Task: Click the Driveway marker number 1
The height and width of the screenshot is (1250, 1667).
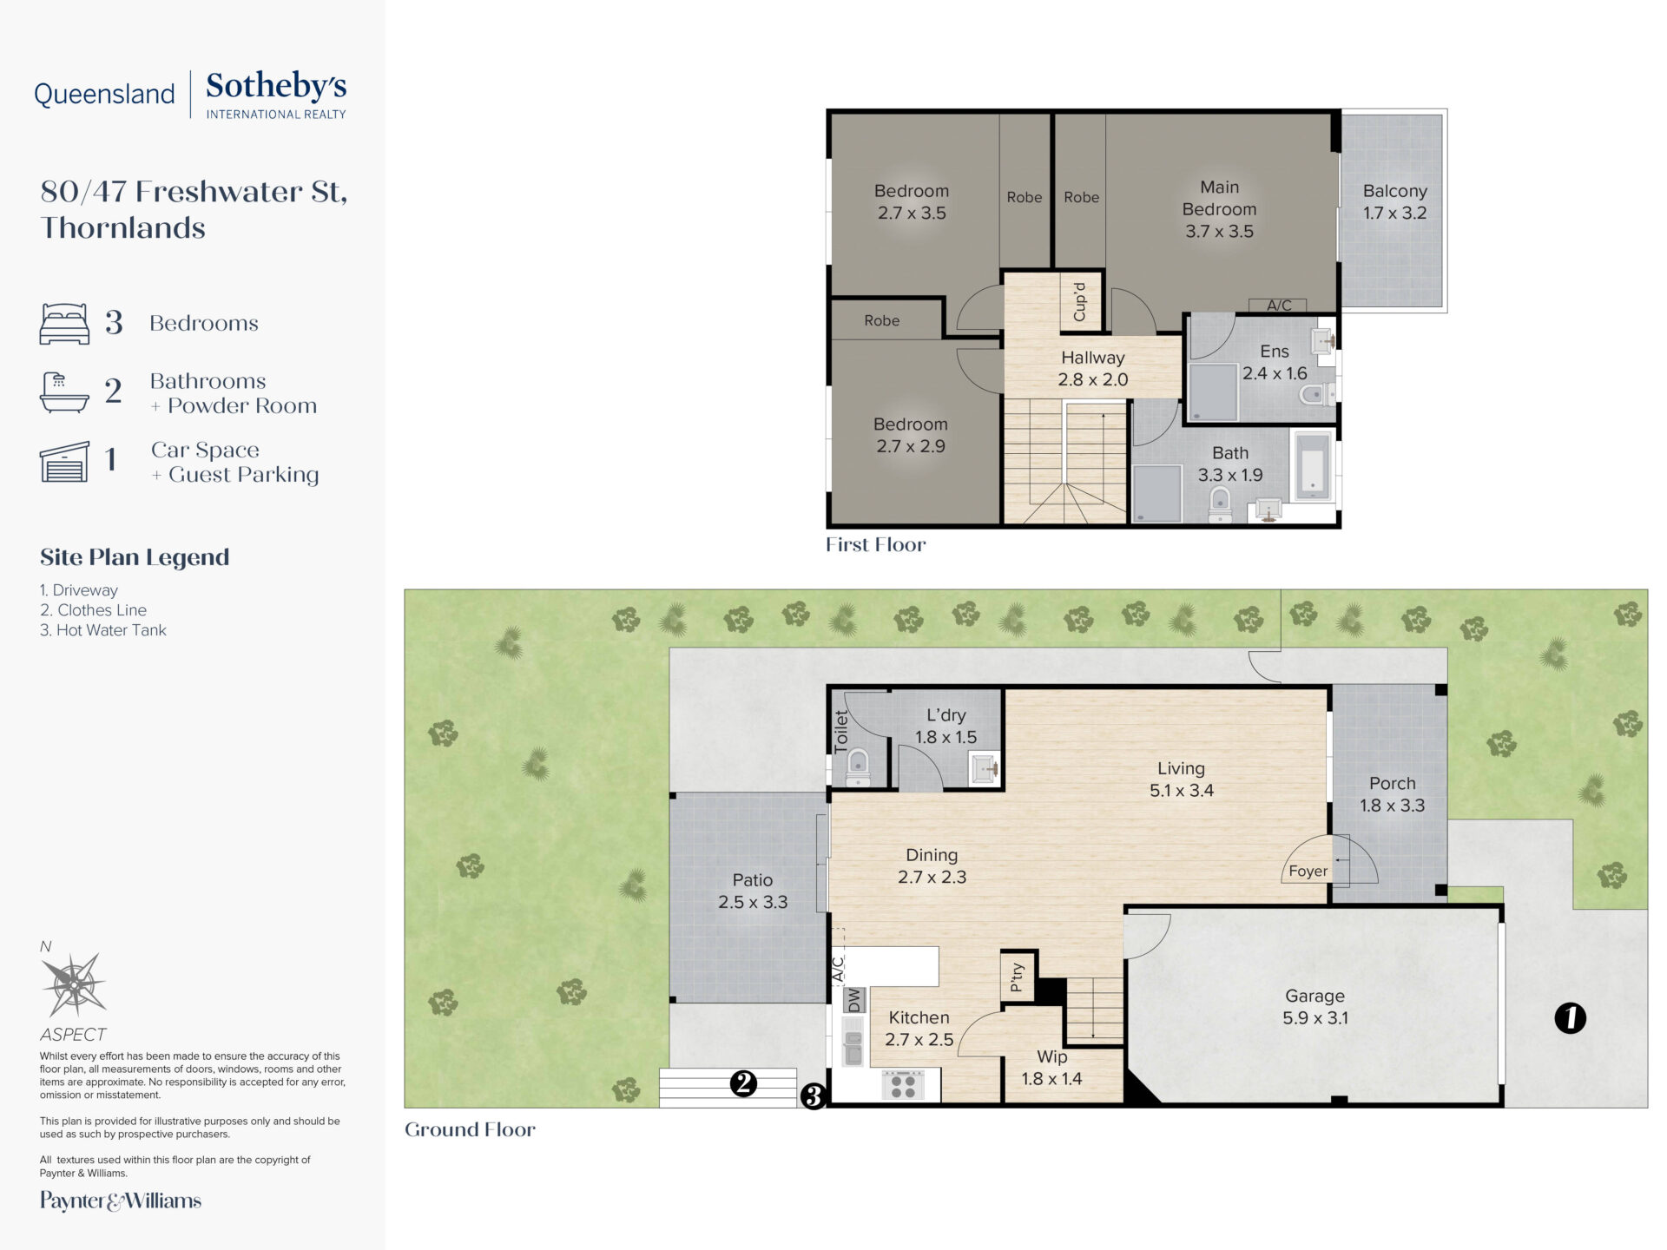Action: [1569, 1017]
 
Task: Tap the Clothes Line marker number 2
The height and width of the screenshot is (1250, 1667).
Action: [743, 1082]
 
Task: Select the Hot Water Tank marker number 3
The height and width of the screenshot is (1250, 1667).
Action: [813, 1096]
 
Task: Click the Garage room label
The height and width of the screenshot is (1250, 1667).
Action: [1315, 1007]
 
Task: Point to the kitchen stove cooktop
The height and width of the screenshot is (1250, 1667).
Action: [903, 1085]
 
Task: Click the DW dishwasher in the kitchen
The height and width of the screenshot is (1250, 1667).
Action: [854, 1000]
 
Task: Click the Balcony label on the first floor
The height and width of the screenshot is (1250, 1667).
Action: [1394, 191]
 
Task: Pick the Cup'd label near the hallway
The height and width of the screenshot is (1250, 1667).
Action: [1080, 302]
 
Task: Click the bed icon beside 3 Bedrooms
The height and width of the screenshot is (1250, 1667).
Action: [64, 324]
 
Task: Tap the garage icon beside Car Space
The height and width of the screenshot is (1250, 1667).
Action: [64, 462]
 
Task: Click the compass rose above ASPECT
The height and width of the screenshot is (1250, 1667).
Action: [74, 984]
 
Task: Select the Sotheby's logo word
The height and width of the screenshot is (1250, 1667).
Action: [276, 86]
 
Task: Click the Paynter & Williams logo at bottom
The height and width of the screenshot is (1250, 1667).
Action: [121, 1201]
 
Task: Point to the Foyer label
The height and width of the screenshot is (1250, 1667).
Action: [1308, 871]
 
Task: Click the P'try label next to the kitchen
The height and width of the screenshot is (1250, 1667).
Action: [1017, 977]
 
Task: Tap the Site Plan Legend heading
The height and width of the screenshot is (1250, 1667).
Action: [135, 557]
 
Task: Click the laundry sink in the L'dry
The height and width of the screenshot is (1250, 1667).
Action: [985, 768]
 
